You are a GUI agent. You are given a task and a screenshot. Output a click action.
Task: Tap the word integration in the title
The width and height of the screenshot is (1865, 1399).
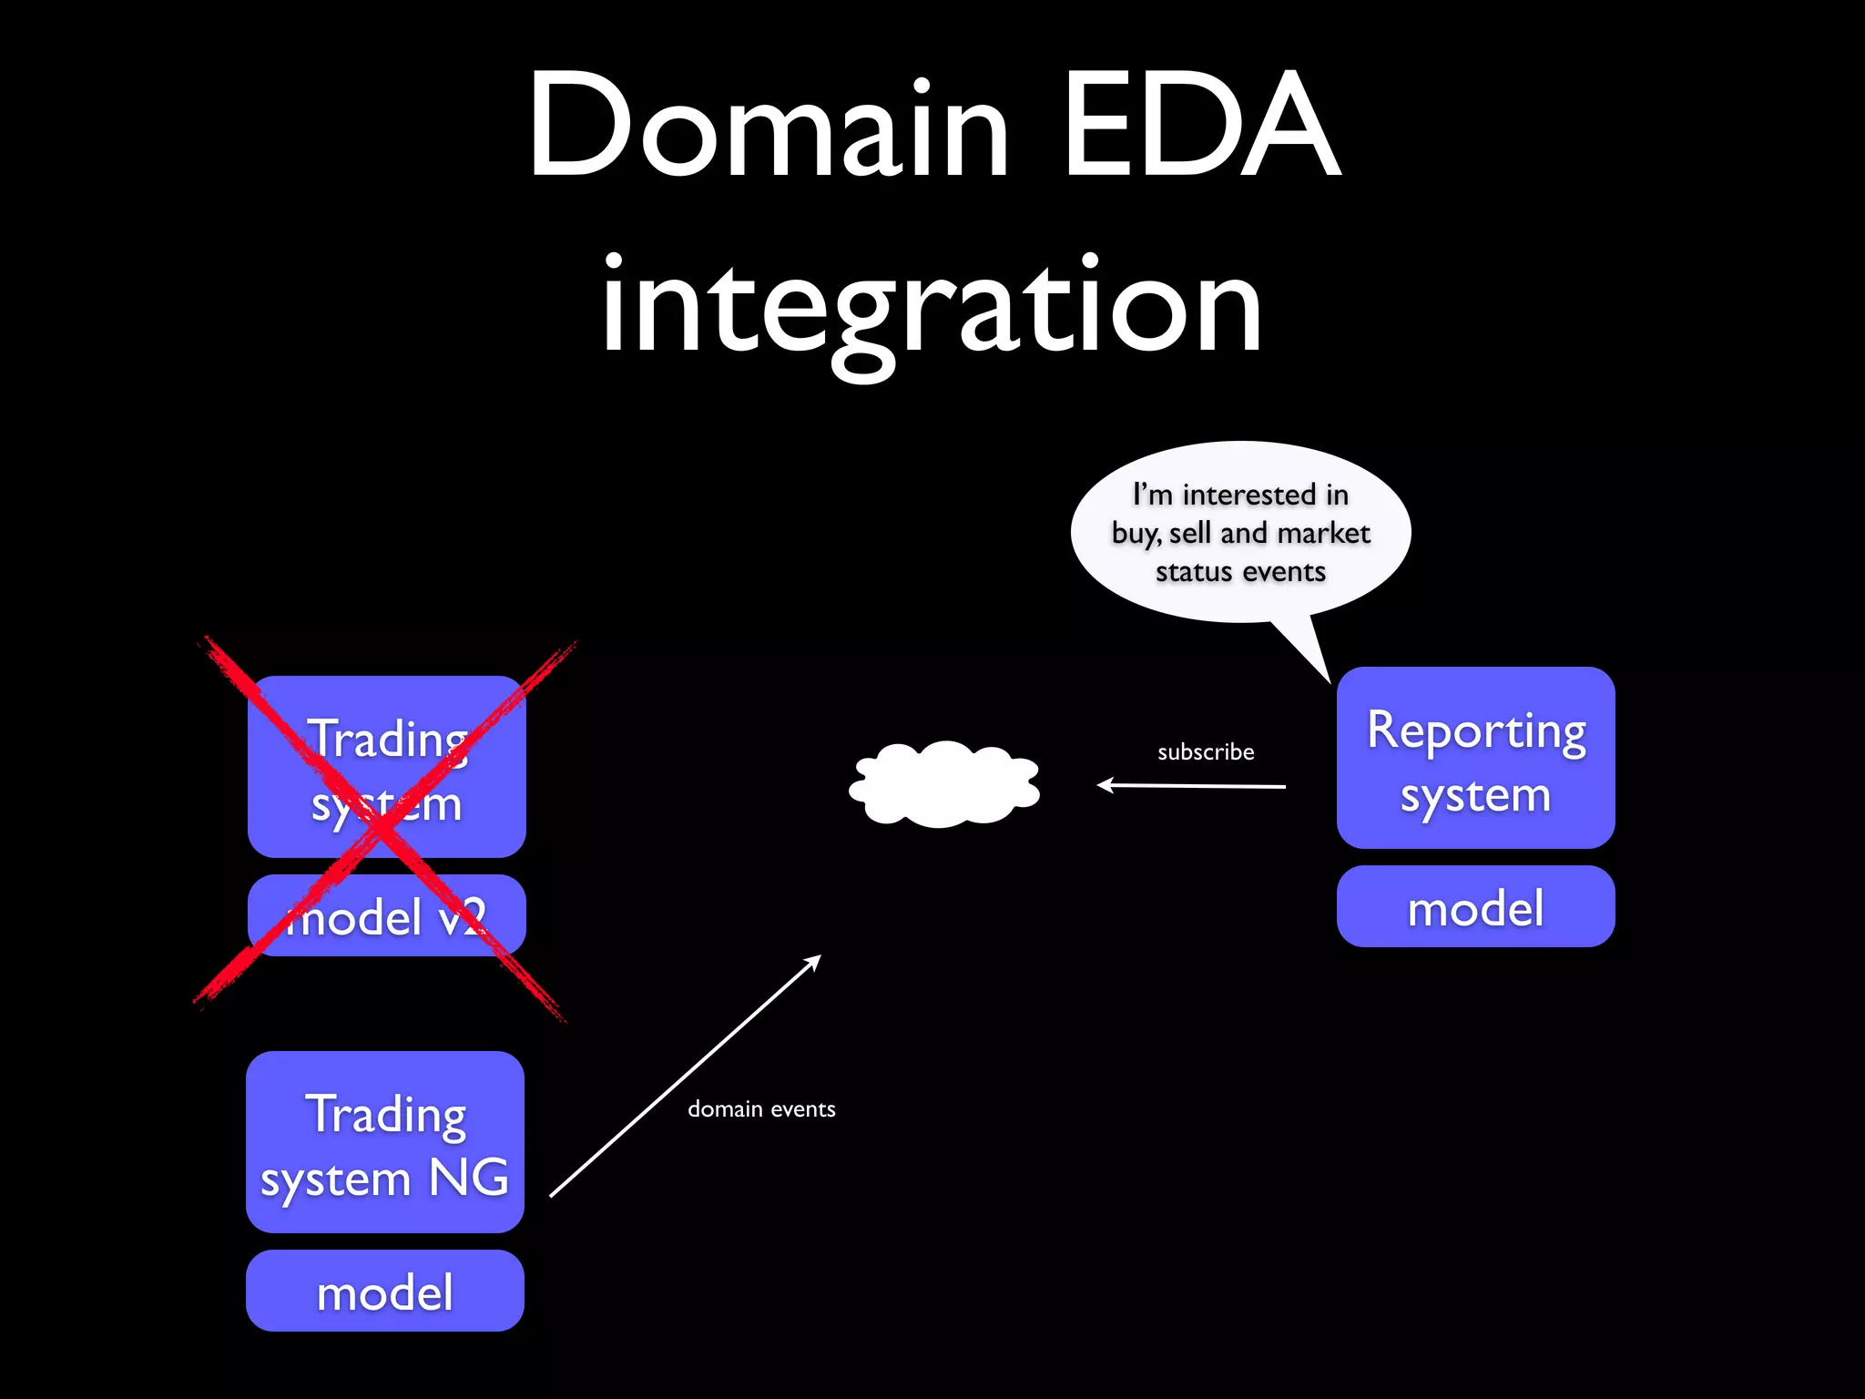pos(931,305)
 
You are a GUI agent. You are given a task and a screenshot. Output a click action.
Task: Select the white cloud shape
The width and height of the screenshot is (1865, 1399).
pos(944,784)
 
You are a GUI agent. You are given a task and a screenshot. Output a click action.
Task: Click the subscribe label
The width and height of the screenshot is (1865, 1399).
pos(1205,752)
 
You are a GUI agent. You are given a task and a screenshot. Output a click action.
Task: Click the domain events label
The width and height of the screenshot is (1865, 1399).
pos(761,1109)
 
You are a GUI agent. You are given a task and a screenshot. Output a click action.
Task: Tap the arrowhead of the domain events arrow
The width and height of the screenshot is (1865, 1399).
pos(816,960)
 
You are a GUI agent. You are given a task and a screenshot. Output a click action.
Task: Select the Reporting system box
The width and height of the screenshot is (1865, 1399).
pos(1475,758)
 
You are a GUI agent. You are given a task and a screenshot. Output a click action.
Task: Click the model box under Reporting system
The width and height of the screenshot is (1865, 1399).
pos(1475,907)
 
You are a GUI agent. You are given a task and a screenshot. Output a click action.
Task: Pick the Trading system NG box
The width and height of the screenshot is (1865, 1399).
pos(384,1142)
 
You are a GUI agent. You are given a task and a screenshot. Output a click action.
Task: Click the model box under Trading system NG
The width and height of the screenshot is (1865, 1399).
pos(384,1291)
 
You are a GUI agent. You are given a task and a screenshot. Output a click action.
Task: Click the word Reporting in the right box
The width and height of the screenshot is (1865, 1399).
pos(1475,731)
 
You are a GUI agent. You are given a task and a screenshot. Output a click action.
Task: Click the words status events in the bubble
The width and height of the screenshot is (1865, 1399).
pos(1239,572)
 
